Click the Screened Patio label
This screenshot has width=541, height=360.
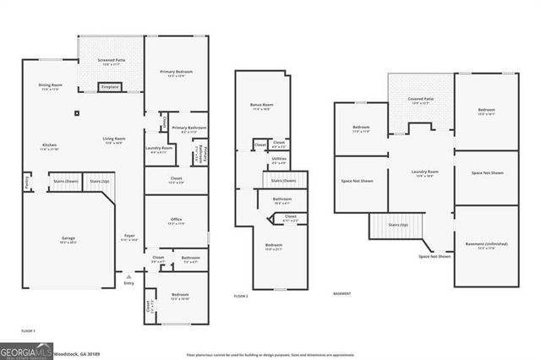112,61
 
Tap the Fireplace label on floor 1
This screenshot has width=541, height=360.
110,86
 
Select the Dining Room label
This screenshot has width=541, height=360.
50,85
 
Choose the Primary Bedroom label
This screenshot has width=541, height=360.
177,72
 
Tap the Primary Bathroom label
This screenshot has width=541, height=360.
194,128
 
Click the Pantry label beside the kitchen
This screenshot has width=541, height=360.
27,181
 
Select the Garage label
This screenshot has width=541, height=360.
68,238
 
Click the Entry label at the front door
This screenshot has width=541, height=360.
129,283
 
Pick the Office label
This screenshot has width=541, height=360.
177,220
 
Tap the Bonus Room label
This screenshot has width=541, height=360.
261,105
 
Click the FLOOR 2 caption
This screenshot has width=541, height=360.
242,296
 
